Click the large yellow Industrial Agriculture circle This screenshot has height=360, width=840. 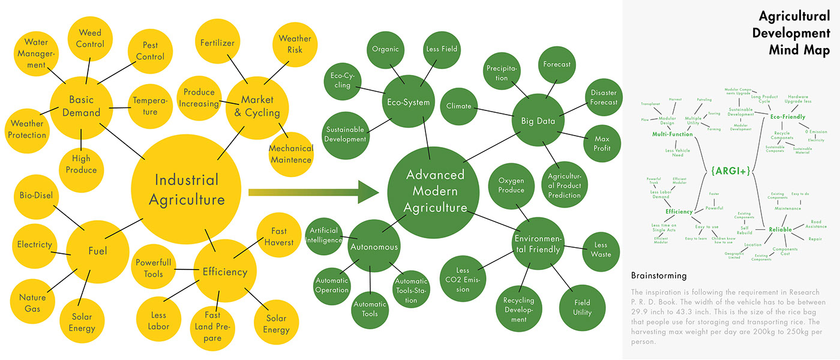(187, 189)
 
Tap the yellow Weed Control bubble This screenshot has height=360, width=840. (90, 38)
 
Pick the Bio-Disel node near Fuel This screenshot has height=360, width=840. (37, 196)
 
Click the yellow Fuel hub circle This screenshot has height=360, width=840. (97, 251)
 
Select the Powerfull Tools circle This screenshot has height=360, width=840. (154, 268)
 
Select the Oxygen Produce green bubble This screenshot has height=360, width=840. (511, 185)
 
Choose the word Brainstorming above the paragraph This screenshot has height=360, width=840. (659, 276)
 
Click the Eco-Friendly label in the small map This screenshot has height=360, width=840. (788, 117)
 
